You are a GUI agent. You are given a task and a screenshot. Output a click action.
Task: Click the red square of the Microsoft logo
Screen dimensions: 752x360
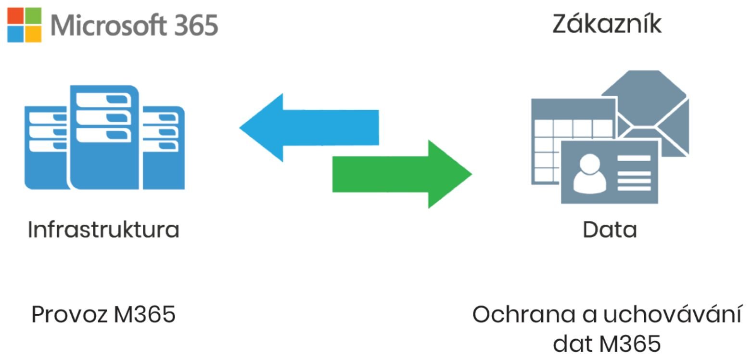coord(15,16)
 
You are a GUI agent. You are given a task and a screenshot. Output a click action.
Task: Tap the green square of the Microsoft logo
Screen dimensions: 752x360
coord(34,16)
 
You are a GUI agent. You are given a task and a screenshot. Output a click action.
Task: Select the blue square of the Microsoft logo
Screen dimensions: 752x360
coord(15,34)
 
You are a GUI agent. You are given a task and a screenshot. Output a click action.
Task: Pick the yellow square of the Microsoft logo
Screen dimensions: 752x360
coord(34,34)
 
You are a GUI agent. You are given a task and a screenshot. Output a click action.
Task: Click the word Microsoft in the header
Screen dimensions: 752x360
coord(108,25)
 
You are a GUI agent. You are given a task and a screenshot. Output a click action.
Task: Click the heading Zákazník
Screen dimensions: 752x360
coord(607,24)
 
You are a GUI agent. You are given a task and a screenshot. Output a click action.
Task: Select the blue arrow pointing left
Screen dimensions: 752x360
coord(309,128)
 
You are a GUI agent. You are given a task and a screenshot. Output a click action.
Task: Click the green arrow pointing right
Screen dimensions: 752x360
coord(402,174)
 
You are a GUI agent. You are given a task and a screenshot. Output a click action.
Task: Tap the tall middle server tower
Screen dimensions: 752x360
coord(104,137)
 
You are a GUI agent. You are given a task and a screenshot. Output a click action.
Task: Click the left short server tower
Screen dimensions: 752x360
coord(46,148)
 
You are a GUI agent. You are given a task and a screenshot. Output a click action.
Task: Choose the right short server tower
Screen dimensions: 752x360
coord(164,148)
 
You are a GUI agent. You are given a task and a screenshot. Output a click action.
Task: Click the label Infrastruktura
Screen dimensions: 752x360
coord(103,230)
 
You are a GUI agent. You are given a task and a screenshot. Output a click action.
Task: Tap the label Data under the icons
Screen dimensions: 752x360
coord(610,230)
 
